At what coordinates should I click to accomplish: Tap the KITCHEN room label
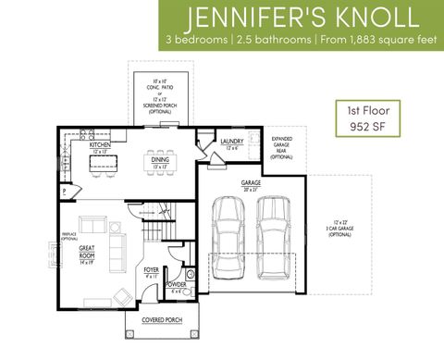click(x=101, y=145)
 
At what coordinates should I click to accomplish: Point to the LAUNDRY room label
click(x=232, y=142)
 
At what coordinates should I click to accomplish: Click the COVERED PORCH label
click(x=161, y=321)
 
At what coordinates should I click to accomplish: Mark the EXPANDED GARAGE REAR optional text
click(x=281, y=149)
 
